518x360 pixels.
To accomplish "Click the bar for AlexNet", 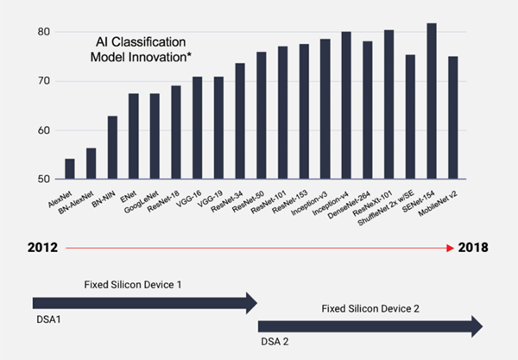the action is coord(70,168).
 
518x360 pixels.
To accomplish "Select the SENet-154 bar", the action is coord(432,101).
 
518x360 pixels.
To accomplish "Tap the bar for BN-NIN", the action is coord(112,148).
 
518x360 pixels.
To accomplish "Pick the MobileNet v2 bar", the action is coord(453,117).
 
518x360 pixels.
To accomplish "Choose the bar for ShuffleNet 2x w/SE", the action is coord(410,117).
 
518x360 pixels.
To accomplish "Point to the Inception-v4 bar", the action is coord(346,105).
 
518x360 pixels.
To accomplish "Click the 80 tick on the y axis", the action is coord(44,32).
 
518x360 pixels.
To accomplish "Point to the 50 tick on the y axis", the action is coord(44,180).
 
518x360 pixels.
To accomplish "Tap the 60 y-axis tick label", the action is coord(44,130).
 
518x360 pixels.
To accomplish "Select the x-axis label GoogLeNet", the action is coord(142,202).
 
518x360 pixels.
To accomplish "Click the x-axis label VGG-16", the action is coord(189,199).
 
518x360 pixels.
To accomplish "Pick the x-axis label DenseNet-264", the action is coord(349,205).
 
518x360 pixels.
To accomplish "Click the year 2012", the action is coord(42,248).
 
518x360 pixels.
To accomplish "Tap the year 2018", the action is coord(473,248).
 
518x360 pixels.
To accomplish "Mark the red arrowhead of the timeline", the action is coord(451,248).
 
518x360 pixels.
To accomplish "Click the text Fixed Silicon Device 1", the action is coord(133,285).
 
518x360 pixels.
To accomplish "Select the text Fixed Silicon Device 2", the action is coord(370,309).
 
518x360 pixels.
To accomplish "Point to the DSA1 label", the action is coord(48,319).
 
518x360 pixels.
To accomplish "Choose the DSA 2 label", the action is coord(275,342).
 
